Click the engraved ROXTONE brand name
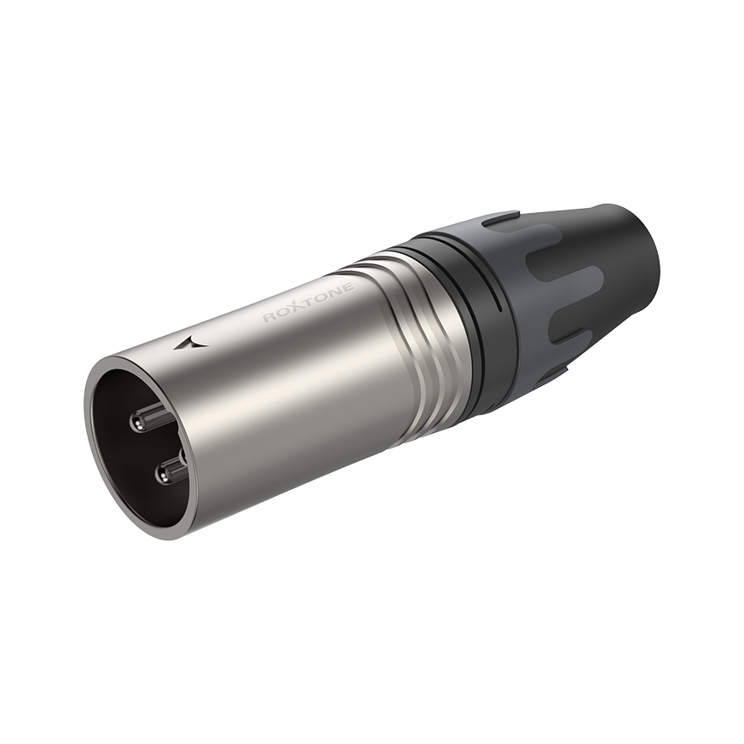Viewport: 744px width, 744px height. pos(309,302)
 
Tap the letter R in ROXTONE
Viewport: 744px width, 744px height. pos(270,317)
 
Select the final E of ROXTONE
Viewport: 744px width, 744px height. pos(349,286)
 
